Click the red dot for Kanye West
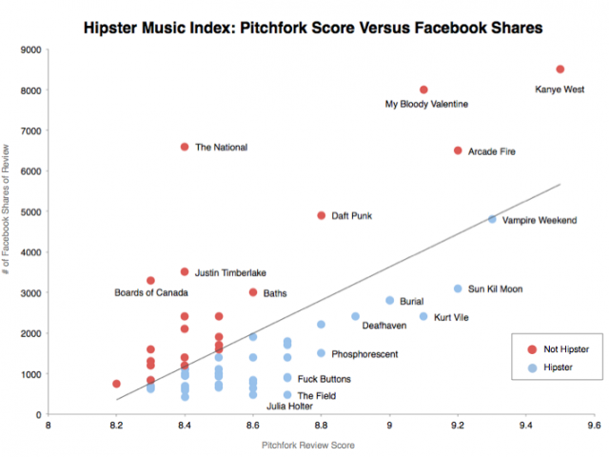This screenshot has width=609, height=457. pos(560,70)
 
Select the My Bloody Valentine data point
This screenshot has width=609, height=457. pos(423,89)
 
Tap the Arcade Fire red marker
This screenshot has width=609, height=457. pos(458,150)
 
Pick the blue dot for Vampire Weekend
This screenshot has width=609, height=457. pos(492,220)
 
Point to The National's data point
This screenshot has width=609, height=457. pos(185,147)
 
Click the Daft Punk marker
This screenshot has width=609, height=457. pos(322,215)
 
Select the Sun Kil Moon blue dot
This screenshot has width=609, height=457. pos(458,288)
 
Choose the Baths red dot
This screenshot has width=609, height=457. pos(253,292)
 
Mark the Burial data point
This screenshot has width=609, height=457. pos(389,300)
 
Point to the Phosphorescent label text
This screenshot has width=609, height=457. pos(364,354)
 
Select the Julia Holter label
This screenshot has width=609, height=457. pos(289,407)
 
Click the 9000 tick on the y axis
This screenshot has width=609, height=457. pos(30,50)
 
